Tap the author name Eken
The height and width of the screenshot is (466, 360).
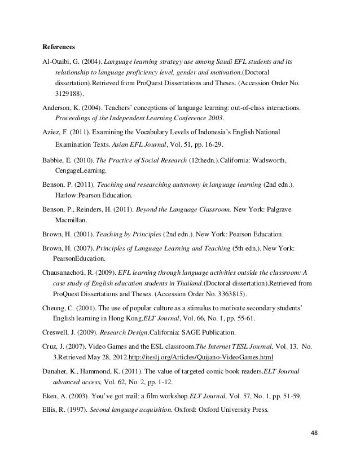pos(51,396)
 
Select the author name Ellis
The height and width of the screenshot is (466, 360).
pos(51,410)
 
